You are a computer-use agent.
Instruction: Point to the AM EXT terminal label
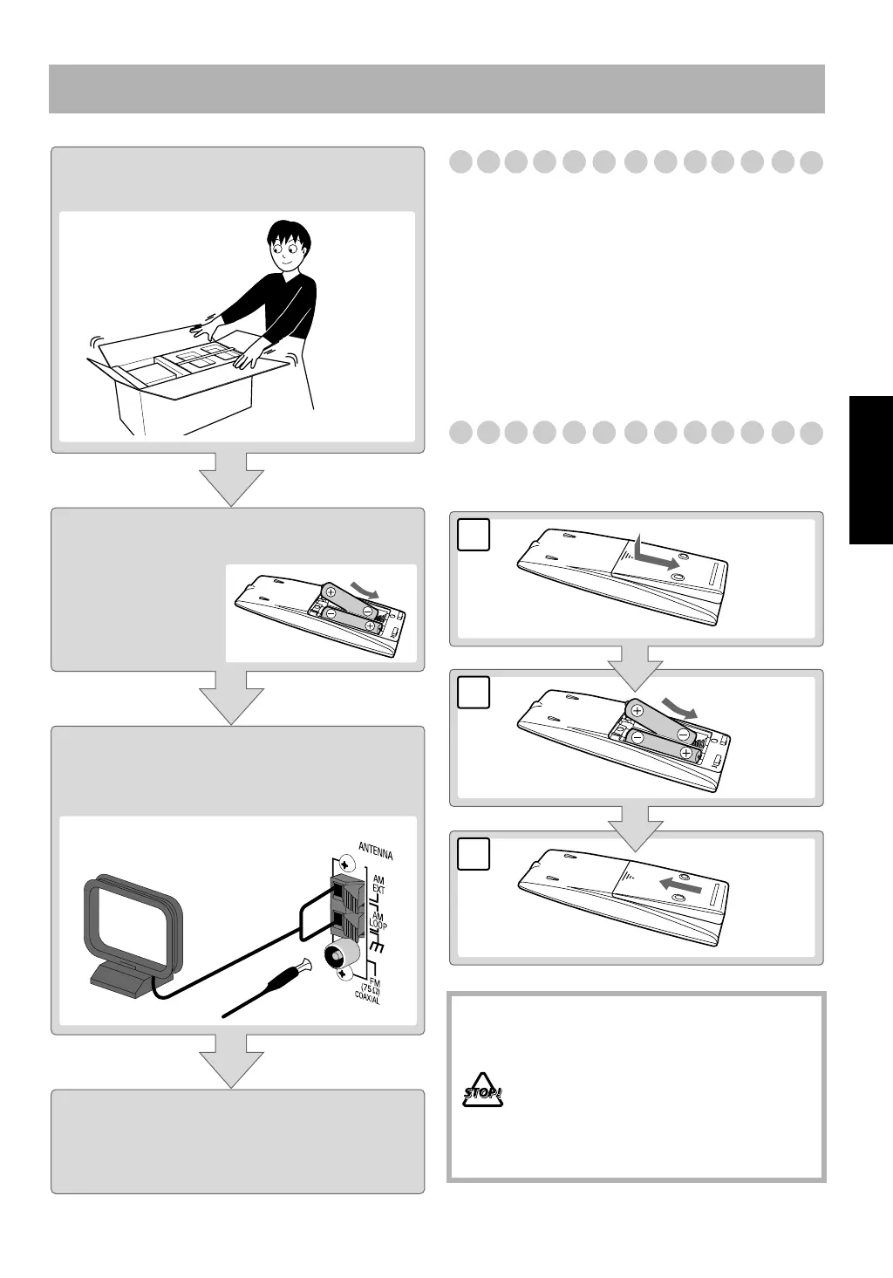[x=379, y=887]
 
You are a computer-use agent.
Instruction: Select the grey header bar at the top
[x=436, y=88]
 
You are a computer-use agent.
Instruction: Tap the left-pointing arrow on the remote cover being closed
[x=679, y=885]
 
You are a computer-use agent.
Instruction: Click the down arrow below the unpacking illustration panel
[x=232, y=478]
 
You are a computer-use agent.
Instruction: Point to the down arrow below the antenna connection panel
[x=232, y=1060]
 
